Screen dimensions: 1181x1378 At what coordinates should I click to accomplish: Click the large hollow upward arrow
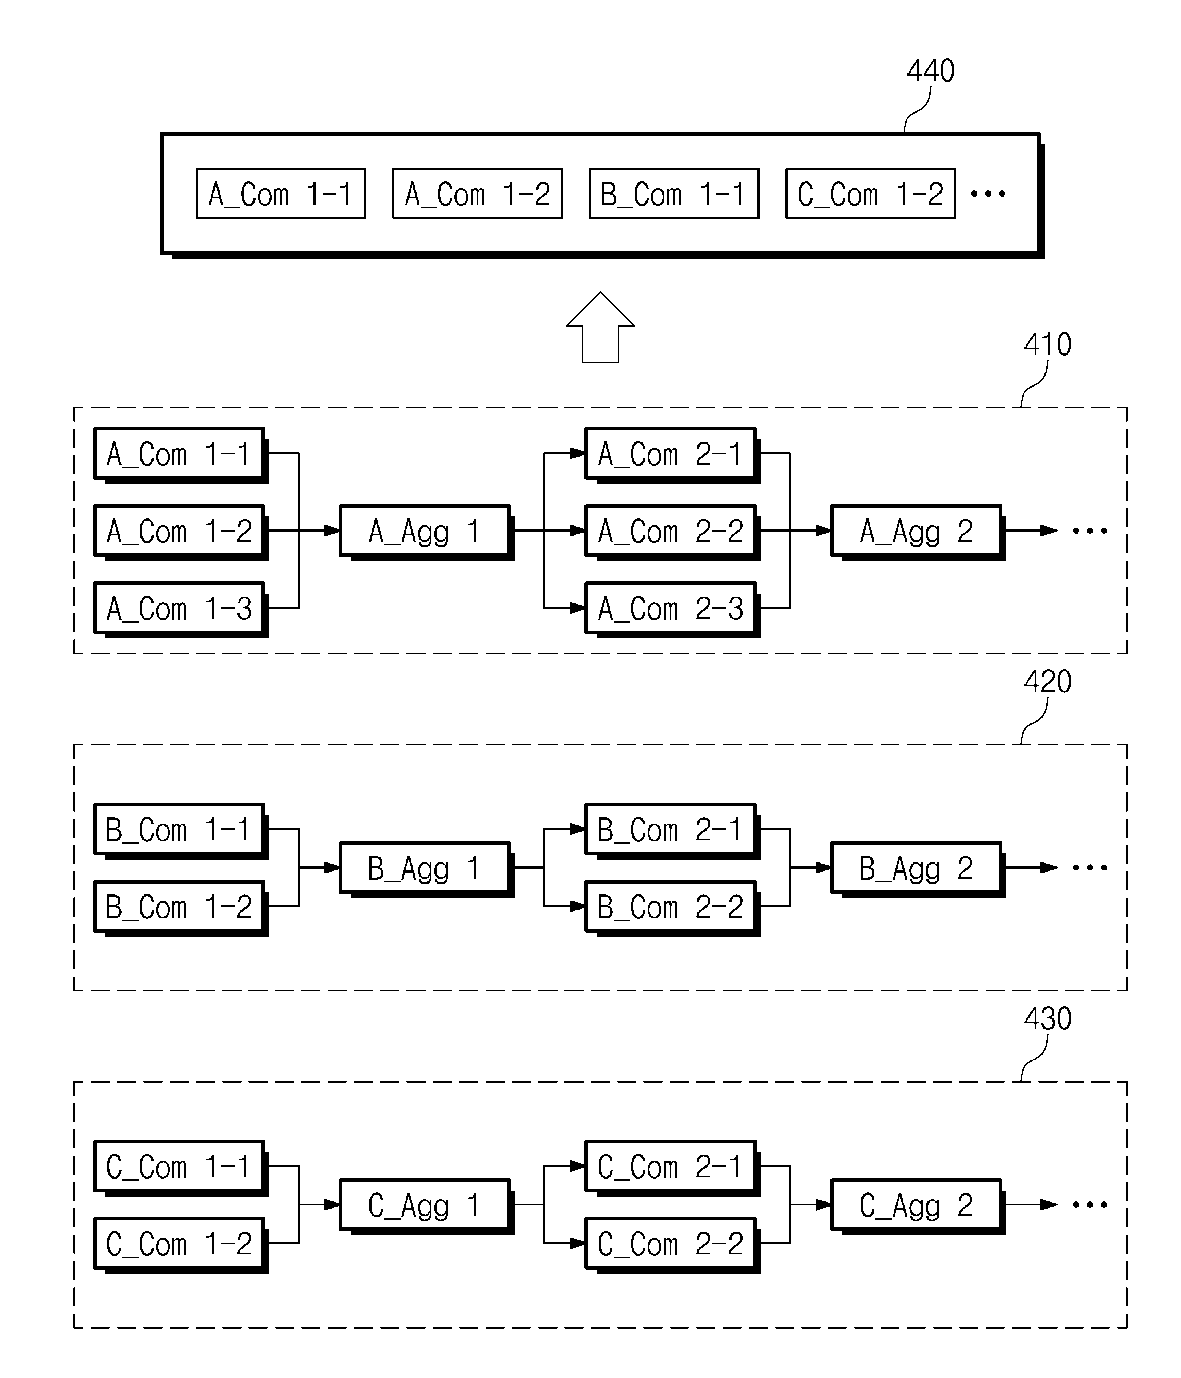point(601,327)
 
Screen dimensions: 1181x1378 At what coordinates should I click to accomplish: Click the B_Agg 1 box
point(426,869)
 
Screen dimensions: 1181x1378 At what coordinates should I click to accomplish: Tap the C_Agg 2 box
point(918,1206)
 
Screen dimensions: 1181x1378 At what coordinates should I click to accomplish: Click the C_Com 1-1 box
point(181,1168)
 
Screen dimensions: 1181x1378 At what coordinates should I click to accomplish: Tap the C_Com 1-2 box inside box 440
point(870,194)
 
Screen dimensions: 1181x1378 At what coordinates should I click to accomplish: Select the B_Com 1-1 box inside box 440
point(674,194)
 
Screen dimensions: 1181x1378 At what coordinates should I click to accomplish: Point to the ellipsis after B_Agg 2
point(1090,868)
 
